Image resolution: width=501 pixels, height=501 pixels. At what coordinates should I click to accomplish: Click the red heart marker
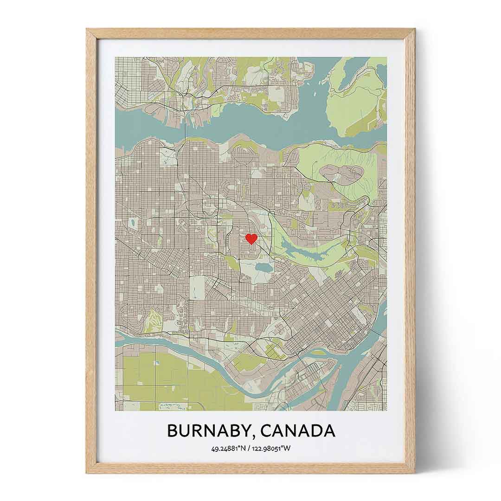(x=251, y=239)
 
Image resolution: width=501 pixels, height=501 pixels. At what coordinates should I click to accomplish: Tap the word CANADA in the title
(x=298, y=431)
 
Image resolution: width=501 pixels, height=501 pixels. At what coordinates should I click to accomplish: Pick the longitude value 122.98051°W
(x=272, y=448)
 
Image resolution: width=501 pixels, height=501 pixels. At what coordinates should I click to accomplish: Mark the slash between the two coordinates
(x=249, y=448)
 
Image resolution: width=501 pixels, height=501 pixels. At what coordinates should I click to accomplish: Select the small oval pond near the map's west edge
(x=133, y=223)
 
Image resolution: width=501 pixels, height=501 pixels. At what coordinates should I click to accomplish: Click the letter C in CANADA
(x=267, y=431)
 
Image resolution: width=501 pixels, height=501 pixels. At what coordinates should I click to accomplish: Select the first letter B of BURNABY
(x=173, y=431)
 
